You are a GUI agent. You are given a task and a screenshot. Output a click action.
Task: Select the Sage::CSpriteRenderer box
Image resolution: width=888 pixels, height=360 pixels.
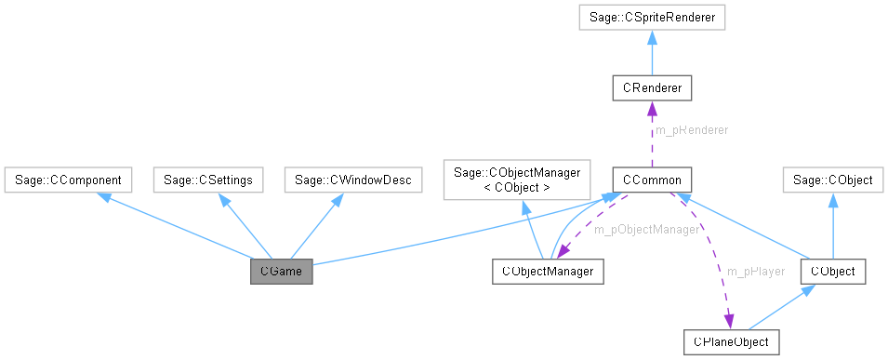pos(651,17)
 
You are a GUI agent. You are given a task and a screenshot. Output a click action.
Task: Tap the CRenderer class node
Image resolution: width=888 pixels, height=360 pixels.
pos(651,88)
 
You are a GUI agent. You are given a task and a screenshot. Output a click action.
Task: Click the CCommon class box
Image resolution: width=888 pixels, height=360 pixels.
pos(651,179)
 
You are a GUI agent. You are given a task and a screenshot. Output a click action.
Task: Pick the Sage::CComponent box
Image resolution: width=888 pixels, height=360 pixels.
pos(69,179)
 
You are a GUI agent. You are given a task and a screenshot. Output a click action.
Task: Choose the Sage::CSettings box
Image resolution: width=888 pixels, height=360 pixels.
pos(207,179)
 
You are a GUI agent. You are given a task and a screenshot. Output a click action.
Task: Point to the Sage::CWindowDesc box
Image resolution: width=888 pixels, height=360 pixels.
pos(353,179)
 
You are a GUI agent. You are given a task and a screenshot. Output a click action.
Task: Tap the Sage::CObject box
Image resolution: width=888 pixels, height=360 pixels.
pos(833,179)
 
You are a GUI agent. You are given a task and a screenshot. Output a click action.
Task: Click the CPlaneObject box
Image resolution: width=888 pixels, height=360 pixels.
pos(731,341)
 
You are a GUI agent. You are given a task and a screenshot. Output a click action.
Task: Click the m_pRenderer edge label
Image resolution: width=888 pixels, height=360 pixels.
pos(692,131)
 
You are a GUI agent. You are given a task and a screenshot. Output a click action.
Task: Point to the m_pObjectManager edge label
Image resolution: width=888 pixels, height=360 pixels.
pos(645,229)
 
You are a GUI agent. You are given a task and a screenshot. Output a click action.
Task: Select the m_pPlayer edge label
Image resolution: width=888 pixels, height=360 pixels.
pos(756,271)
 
